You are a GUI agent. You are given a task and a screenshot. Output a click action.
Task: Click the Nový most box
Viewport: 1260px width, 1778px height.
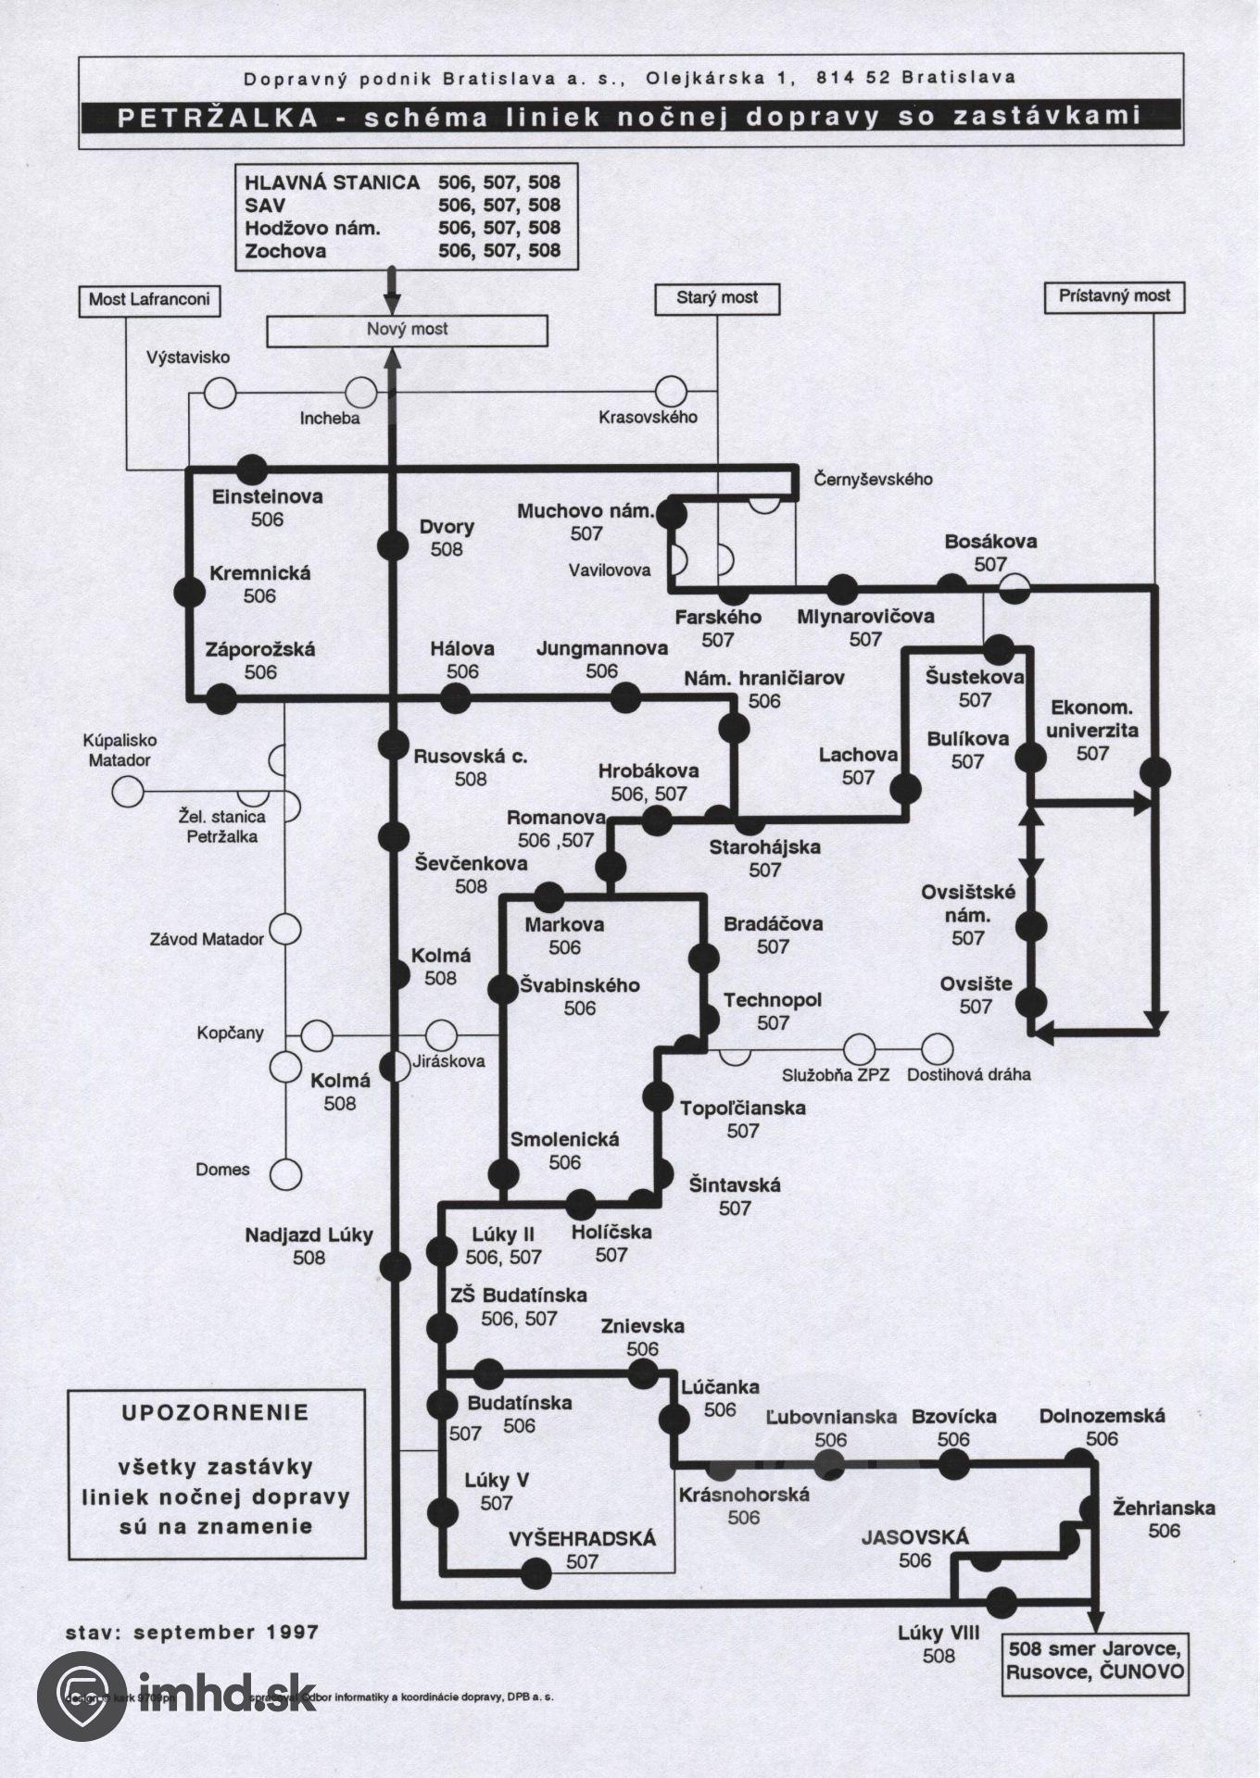(407, 330)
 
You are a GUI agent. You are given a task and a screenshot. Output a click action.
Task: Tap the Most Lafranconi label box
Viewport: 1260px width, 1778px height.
(149, 300)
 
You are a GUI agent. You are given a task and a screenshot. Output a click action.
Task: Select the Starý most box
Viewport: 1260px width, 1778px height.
(716, 298)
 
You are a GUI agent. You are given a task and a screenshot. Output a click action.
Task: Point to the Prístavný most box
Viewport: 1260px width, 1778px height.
(1114, 296)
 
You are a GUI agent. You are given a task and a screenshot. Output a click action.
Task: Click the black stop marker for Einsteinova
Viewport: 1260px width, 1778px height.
(252, 469)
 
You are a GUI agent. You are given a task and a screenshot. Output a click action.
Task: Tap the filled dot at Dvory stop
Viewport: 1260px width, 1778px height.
(394, 545)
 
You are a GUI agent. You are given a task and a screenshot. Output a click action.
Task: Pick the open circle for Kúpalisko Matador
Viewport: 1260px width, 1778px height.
(128, 792)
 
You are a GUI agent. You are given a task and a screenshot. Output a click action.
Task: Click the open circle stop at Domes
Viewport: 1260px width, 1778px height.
(285, 1174)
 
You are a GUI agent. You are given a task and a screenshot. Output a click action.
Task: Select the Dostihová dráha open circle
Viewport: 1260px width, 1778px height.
(938, 1049)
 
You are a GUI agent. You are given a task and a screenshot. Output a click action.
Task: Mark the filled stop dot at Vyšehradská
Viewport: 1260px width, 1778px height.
(535, 1571)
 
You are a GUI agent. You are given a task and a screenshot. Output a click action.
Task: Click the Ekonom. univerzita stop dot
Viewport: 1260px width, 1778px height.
(1155, 772)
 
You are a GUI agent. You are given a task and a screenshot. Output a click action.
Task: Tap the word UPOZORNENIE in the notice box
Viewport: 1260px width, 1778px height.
(216, 1413)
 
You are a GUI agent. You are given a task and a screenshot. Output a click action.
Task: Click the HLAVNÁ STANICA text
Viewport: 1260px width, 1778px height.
(332, 182)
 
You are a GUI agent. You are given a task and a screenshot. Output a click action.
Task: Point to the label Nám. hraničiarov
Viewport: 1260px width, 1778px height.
(764, 679)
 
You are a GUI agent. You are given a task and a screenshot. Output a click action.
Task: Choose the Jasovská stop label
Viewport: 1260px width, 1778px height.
(914, 1538)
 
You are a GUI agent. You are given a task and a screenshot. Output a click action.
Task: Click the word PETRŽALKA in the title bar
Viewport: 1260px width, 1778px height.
(217, 117)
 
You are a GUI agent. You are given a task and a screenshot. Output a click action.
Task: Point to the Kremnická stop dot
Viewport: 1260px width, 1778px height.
(189, 591)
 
